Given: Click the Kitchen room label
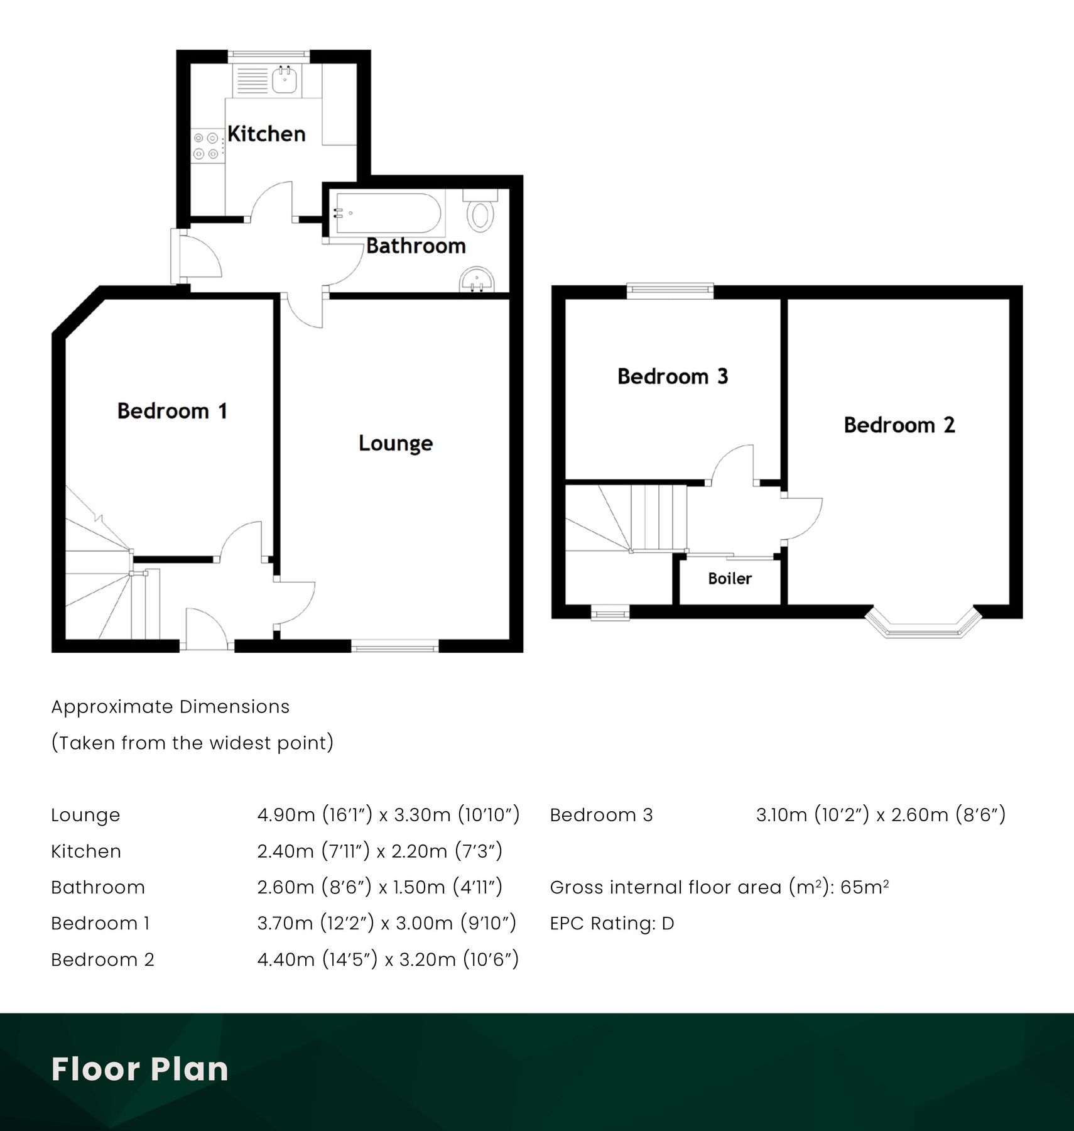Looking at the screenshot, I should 266,134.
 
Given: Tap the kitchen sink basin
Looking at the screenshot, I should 285,80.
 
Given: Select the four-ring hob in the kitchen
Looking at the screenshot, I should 206,145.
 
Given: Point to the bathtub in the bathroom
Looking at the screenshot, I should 387,213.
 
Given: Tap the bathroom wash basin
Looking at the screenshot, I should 477,280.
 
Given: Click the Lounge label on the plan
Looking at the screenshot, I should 396,444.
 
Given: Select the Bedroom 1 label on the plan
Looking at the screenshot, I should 171,411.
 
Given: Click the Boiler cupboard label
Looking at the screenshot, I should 730,579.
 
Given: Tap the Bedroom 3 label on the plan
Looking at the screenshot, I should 673,376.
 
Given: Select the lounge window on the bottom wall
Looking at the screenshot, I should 394,645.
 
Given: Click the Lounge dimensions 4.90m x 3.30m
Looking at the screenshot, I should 388,815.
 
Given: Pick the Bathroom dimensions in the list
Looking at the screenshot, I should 379,887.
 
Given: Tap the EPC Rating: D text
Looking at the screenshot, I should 612,924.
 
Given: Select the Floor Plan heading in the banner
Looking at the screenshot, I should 139,1069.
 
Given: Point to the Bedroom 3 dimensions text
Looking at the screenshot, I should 881,815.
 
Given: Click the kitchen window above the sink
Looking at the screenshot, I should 269,55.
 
